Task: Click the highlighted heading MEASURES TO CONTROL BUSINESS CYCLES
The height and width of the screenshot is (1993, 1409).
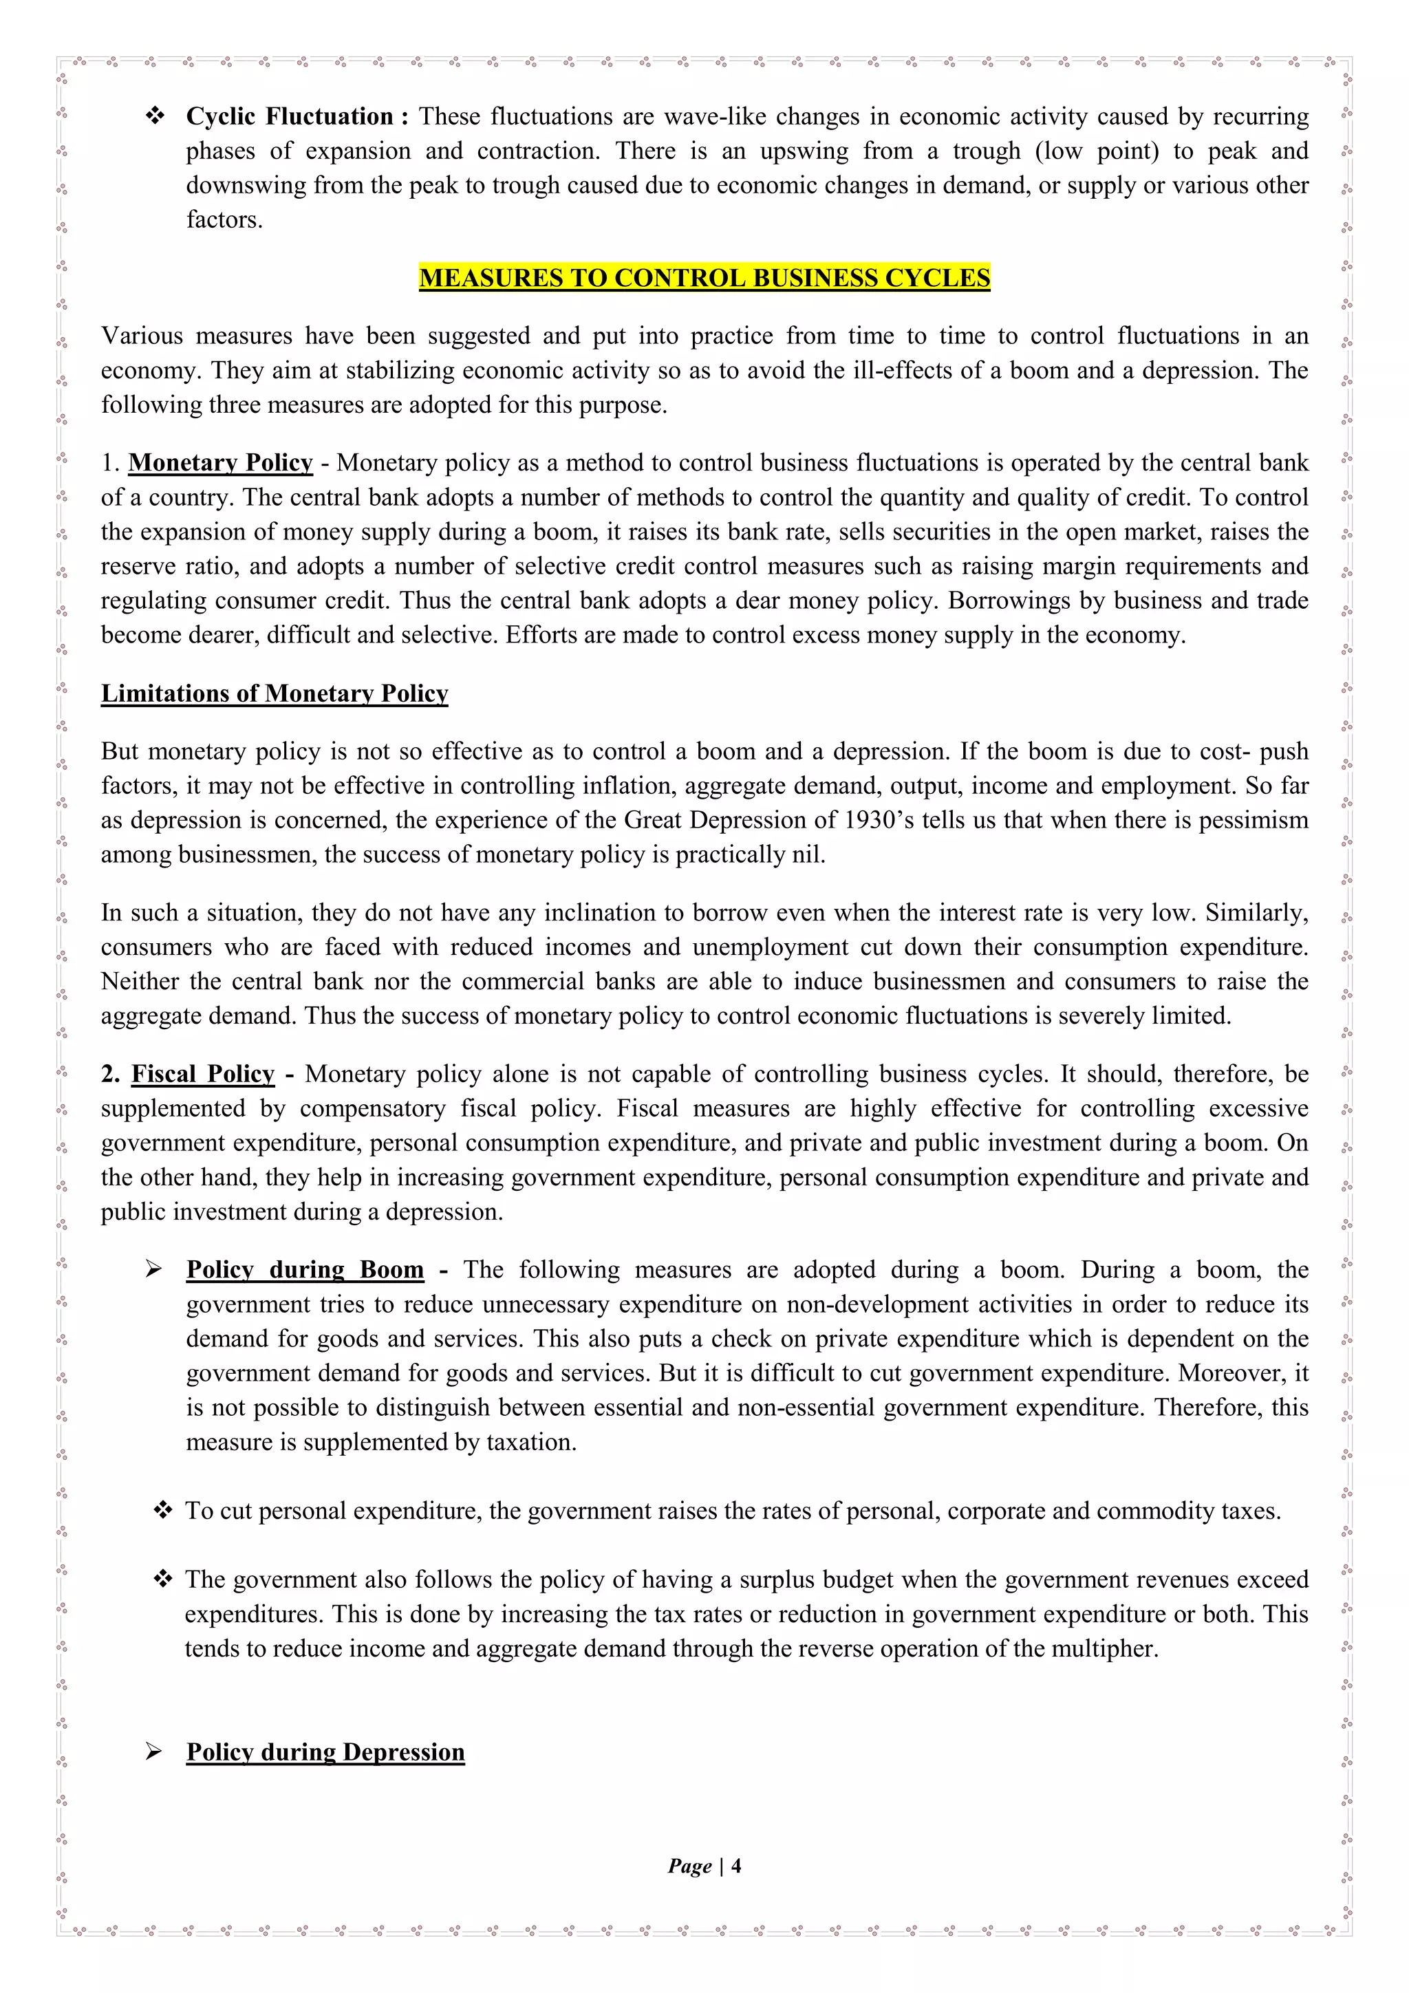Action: coord(704,278)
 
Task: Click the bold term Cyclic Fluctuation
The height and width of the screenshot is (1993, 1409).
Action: coord(289,116)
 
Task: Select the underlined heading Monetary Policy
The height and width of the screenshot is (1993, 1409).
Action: coord(221,463)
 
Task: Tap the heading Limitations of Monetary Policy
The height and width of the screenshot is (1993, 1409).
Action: coord(275,693)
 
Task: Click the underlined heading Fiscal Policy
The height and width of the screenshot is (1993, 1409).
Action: coord(202,1074)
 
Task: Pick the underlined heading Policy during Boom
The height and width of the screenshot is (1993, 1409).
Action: coord(305,1270)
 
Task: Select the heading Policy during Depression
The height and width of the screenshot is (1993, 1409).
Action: coord(325,1752)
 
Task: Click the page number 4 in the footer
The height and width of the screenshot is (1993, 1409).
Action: coord(736,1866)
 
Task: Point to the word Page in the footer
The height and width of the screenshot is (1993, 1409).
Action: coord(689,1866)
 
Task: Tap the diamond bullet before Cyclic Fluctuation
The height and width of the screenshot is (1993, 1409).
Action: coord(155,116)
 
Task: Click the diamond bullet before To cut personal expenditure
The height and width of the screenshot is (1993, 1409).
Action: coord(162,1510)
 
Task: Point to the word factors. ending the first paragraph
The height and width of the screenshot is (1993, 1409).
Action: coord(224,219)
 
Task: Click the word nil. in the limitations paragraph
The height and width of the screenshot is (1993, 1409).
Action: coord(808,855)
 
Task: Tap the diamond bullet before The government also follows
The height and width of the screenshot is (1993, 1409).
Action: coord(162,1579)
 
